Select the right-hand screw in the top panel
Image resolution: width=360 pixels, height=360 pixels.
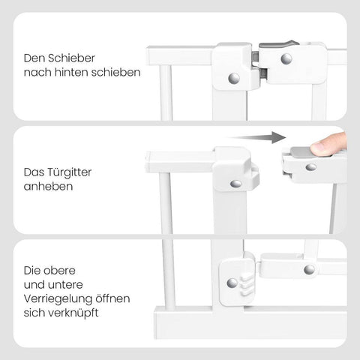coord(286,58)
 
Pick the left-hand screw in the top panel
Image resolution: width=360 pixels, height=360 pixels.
coord(233,77)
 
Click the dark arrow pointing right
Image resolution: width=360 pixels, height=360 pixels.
coord(259,137)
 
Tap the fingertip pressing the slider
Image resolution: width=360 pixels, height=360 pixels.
coord(330,144)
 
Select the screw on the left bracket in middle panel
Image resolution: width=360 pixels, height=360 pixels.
coord(235,183)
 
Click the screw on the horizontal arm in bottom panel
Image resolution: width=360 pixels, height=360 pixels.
coord(308,269)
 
